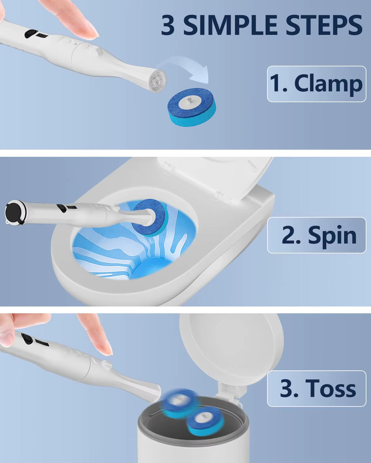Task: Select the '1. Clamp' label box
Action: click(316, 84)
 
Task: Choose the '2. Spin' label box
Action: click(316, 235)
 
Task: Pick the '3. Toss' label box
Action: click(316, 388)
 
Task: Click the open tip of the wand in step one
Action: click(158, 81)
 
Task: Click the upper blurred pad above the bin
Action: click(178, 401)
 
